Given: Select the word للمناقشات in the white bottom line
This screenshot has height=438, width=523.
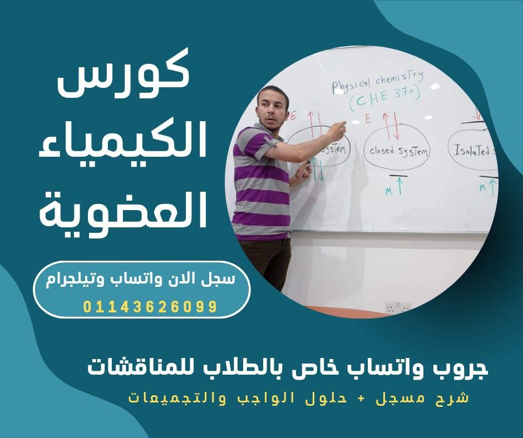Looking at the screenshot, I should click(x=133, y=369).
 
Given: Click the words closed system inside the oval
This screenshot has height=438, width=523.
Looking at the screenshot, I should click(x=399, y=151).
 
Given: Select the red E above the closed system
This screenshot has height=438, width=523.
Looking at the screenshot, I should click(x=368, y=118).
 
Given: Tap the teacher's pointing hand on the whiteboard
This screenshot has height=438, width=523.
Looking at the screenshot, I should click(x=336, y=131).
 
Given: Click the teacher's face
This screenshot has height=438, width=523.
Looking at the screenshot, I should click(x=273, y=108).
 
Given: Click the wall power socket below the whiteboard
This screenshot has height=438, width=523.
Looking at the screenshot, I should click(x=397, y=306).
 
